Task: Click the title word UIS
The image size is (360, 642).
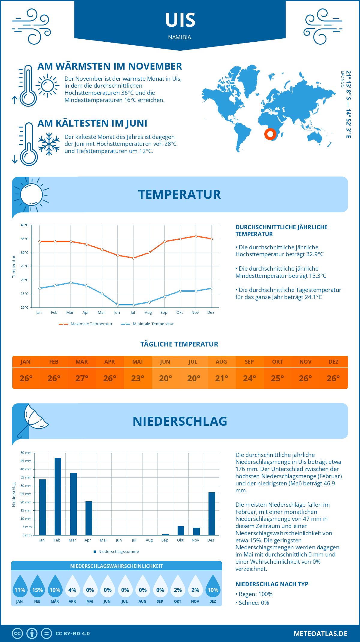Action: coord(180,20)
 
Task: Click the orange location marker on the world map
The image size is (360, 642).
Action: coord(270,134)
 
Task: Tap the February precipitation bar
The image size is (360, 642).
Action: coord(58,496)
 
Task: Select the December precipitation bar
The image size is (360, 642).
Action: coord(212,514)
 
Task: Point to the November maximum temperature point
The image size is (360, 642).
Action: coord(196,236)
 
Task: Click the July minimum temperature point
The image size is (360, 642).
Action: coord(133,305)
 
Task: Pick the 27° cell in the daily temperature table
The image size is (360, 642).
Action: coord(82,378)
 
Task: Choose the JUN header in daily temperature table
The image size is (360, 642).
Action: coord(165,362)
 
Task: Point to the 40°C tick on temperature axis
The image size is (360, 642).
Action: coord(25,225)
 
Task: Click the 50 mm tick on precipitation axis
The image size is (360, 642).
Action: coord(26,453)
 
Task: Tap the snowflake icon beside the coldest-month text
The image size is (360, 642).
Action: coord(49,144)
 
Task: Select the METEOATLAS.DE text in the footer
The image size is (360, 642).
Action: coord(320,634)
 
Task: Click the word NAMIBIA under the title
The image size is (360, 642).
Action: coord(180,37)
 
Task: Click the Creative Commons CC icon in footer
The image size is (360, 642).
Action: coord(17,634)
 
